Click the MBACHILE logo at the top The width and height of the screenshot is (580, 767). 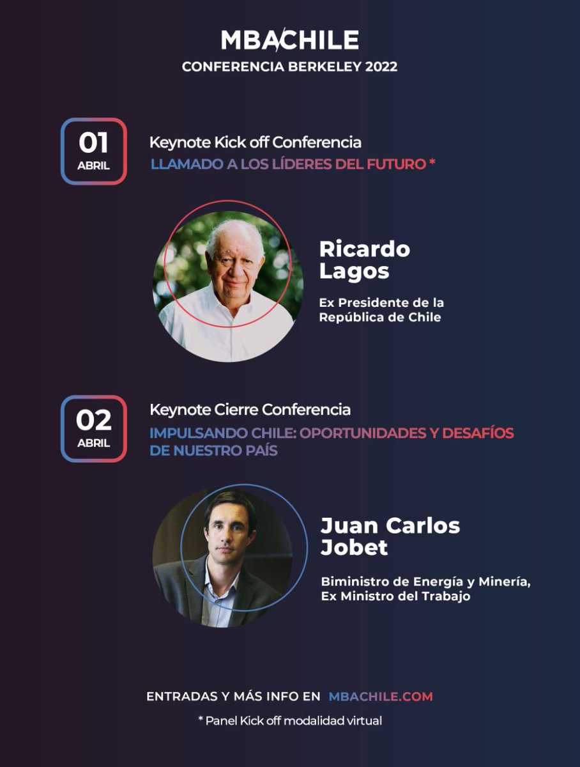coord(289,41)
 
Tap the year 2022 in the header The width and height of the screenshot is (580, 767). coord(381,67)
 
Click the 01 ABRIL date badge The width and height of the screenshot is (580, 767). coord(94,151)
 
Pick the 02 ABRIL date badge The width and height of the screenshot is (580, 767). coord(94,429)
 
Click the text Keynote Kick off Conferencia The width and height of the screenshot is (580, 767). coord(255,142)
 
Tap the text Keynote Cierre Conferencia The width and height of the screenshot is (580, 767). coord(250,409)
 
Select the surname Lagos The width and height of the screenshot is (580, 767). coord(354,271)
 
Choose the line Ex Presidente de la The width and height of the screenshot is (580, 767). coord(381,302)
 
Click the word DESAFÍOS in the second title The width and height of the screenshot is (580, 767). coord(478,433)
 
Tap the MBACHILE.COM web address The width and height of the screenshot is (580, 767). coord(381,696)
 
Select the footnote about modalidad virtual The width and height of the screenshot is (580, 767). coord(290,720)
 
